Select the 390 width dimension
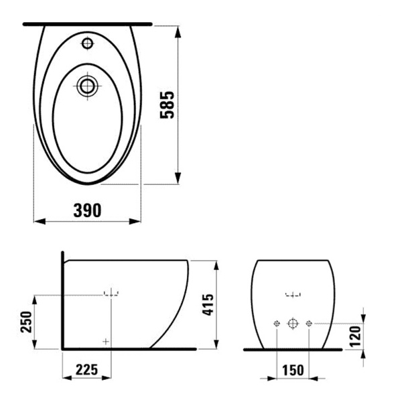[x=87, y=210]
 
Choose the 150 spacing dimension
[x=293, y=370]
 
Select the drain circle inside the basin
[x=86, y=85]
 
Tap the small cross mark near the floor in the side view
[x=105, y=342]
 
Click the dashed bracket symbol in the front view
[x=293, y=293]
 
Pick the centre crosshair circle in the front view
[x=292, y=324]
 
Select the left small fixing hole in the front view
[x=276, y=324]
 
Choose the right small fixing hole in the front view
[x=309, y=324]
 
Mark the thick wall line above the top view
[x=87, y=23]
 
